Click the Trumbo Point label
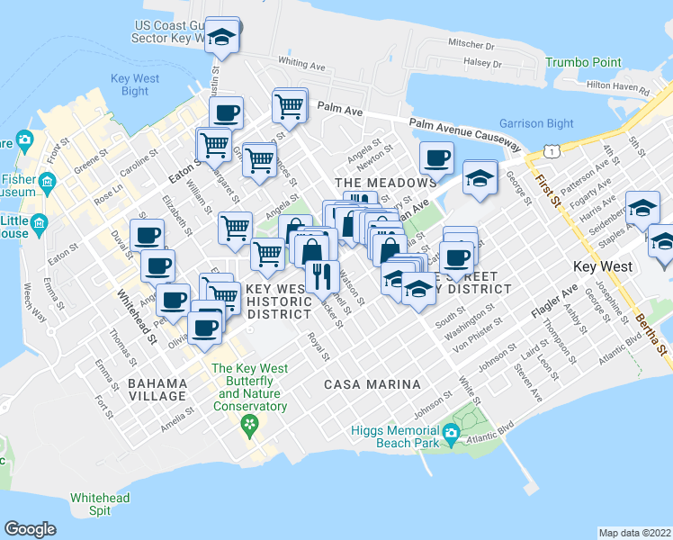click(x=583, y=62)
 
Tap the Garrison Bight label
click(x=536, y=123)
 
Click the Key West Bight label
click(x=135, y=85)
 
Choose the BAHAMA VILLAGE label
click(x=157, y=382)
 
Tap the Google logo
click(x=30, y=529)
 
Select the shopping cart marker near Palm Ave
click(x=290, y=105)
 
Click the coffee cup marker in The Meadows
click(x=437, y=157)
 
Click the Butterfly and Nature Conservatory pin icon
click(x=250, y=426)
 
